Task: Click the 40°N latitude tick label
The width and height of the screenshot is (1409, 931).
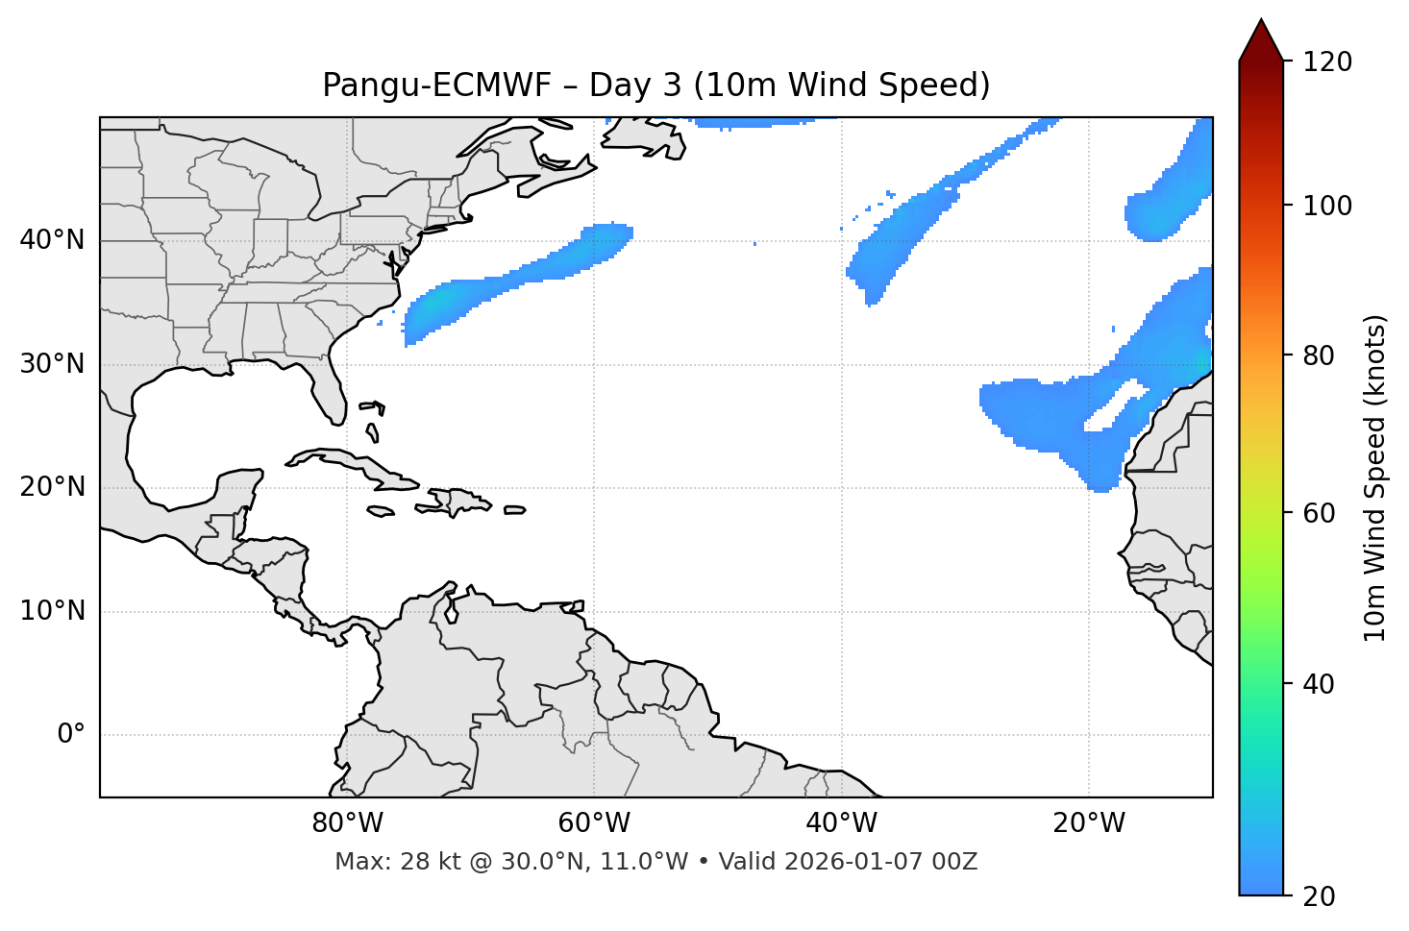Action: click(x=52, y=240)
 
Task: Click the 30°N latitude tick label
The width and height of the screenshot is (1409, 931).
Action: click(x=52, y=364)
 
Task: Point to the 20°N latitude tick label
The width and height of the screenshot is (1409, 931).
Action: click(x=52, y=487)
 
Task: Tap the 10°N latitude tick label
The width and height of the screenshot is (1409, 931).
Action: click(x=52, y=611)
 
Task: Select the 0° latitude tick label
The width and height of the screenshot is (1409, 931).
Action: click(x=71, y=735)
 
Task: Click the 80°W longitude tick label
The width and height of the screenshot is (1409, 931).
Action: click(x=347, y=823)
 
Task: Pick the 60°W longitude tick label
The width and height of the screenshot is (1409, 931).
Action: click(x=594, y=823)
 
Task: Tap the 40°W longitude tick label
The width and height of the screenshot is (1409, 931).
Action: click(x=841, y=823)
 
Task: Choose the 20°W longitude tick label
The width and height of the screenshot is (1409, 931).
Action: click(x=1089, y=823)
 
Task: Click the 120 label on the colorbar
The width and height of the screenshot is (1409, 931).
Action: click(x=1328, y=62)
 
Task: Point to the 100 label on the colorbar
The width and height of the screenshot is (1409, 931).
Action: click(x=1328, y=206)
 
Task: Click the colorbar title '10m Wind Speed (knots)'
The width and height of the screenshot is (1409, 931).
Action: click(x=1374, y=478)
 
